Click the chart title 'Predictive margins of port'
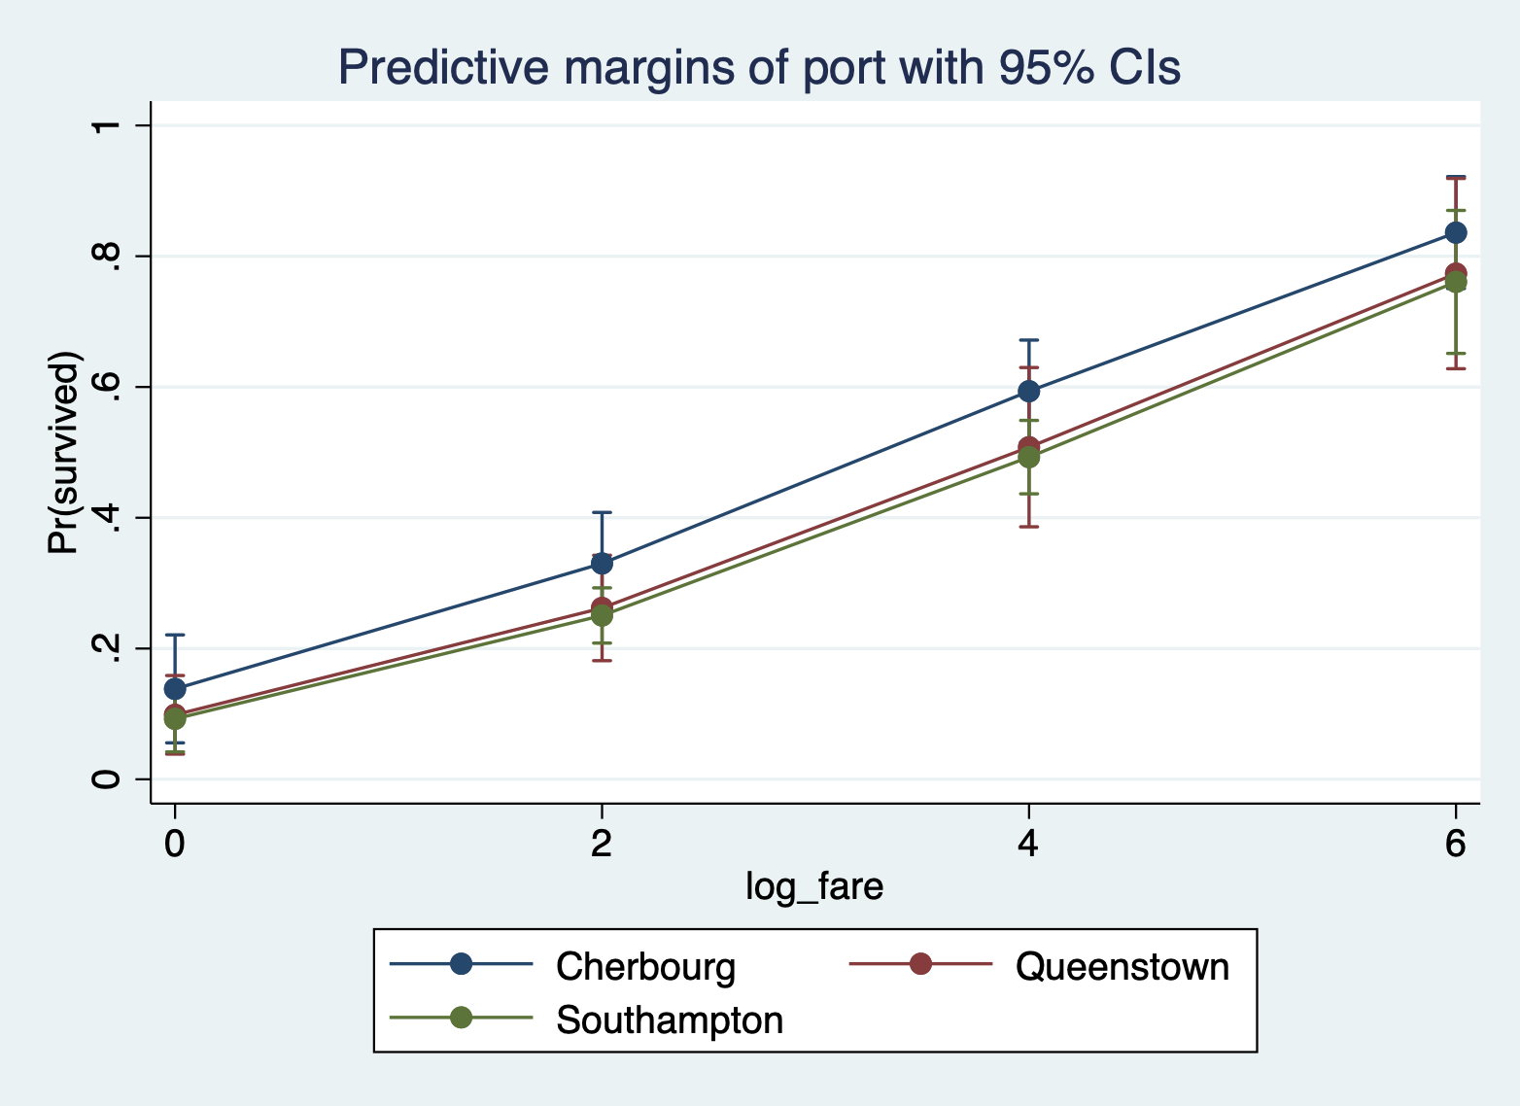(x=758, y=68)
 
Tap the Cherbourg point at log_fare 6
(x=1455, y=233)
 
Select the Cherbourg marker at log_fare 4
(x=1028, y=392)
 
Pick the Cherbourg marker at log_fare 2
(x=602, y=564)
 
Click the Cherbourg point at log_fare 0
(x=175, y=689)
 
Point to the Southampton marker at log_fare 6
(x=1455, y=282)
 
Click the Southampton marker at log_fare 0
(x=175, y=719)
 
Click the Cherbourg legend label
(x=645, y=967)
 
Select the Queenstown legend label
(x=1122, y=967)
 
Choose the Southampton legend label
(x=669, y=1020)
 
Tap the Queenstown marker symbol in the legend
(x=920, y=964)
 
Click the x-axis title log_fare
(x=814, y=886)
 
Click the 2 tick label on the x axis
(x=602, y=843)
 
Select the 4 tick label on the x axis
(x=1028, y=843)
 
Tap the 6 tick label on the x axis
(x=1455, y=843)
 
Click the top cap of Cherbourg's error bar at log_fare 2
(x=602, y=512)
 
